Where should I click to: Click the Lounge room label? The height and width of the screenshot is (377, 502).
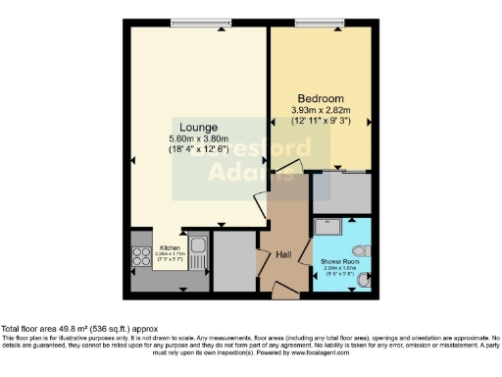[x=198, y=127]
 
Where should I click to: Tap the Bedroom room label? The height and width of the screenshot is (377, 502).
[x=321, y=99]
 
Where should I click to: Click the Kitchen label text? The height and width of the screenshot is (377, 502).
[x=169, y=247]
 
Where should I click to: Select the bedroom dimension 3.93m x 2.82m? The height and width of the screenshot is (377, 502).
[x=321, y=111]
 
